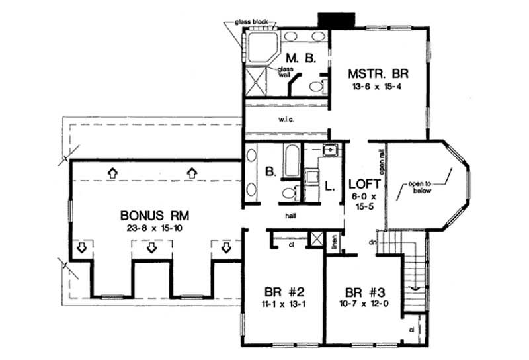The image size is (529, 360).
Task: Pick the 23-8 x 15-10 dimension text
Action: pyautogui.click(x=155, y=229)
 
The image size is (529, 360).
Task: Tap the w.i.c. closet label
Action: pyautogui.click(x=286, y=120)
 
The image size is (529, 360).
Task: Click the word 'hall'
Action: pyautogui.click(x=290, y=215)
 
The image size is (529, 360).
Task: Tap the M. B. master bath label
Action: pyautogui.click(x=300, y=58)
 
